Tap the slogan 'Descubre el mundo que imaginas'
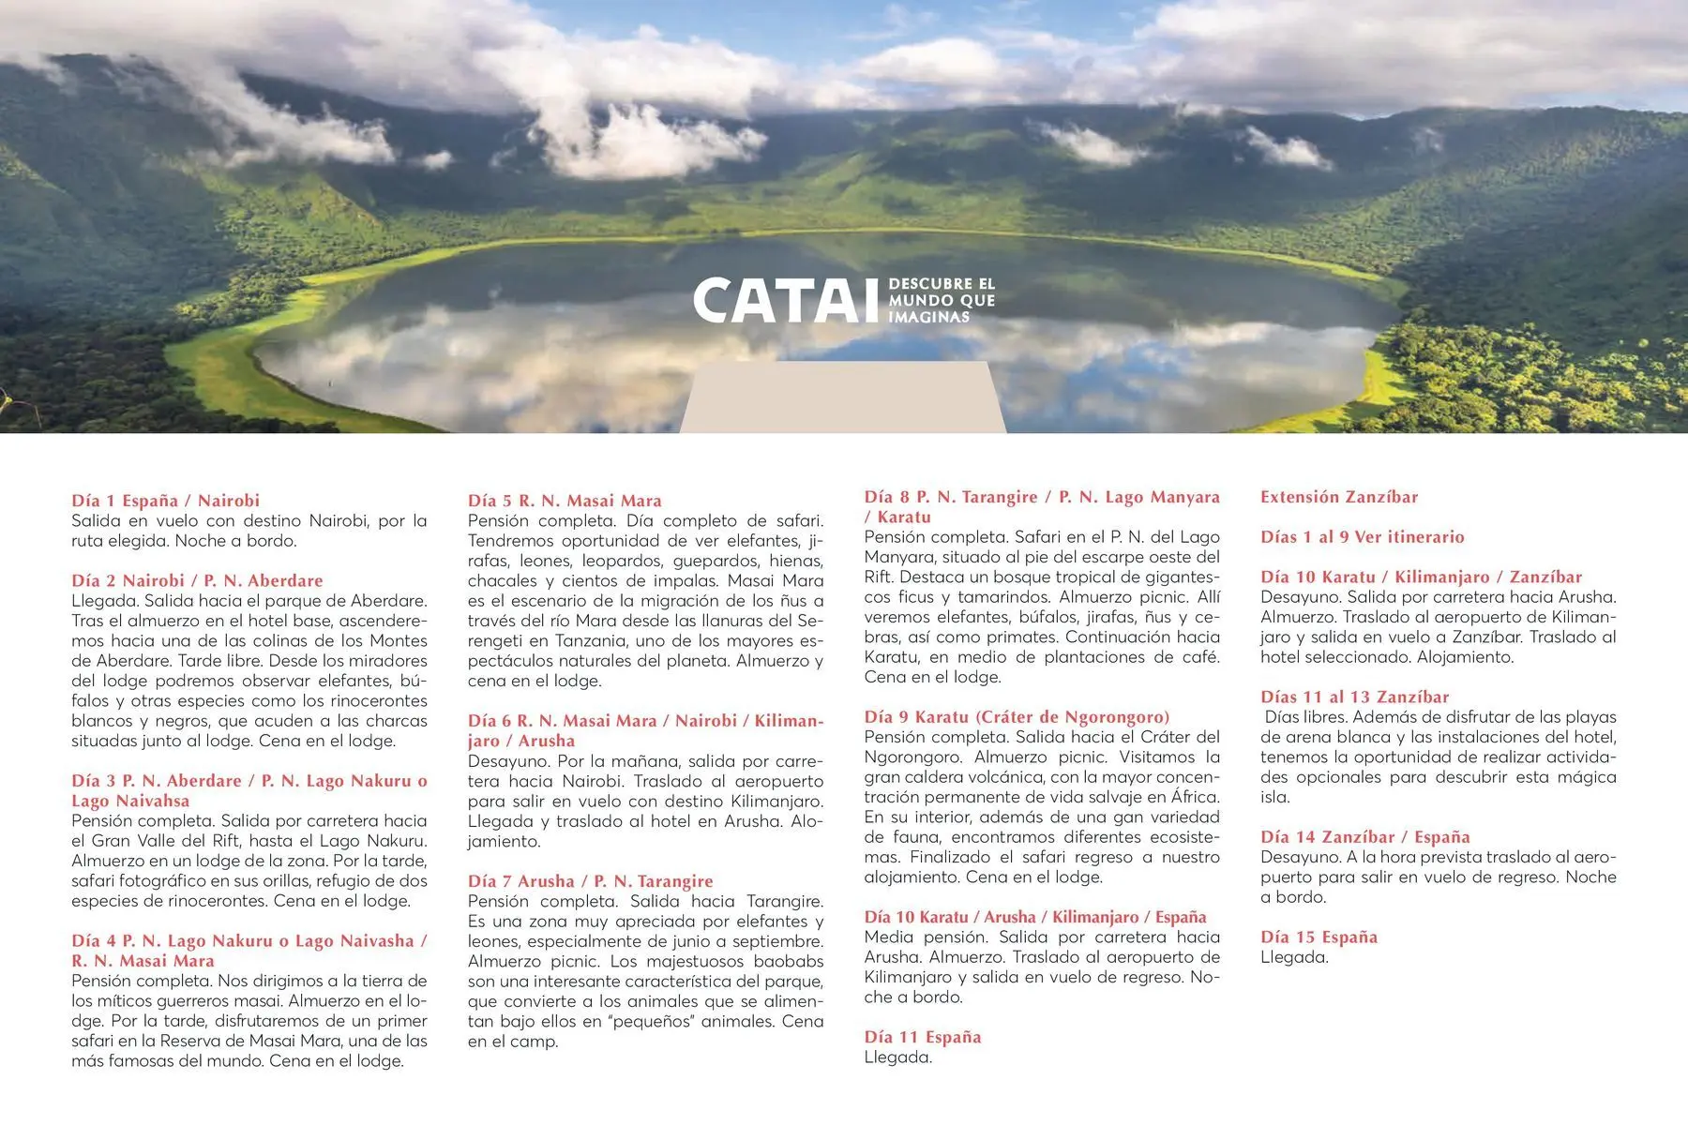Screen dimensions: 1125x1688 click(x=941, y=300)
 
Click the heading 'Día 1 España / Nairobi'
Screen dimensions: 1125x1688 click(x=165, y=501)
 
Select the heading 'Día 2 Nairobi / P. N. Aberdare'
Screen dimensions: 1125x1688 click(x=197, y=580)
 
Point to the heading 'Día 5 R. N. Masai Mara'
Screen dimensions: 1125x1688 click(x=565, y=501)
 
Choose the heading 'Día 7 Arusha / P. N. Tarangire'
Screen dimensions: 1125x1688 click(x=590, y=881)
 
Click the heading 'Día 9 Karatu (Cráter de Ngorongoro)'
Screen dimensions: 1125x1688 click(x=1017, y=717)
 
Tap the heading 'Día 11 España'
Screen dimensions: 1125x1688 click(x=923, y=1037)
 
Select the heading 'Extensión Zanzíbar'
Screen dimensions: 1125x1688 click(x=1338, y=497)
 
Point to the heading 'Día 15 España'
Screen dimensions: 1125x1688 click(x=1319, y=937)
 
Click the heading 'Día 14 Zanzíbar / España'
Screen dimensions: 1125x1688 click(x=1364, y=836)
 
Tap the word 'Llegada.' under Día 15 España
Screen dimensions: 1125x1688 click(x=1294, y=957)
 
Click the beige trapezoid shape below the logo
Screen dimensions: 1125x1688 click(x=842, y=398)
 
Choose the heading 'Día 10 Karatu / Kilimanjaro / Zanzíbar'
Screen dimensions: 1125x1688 click(x=1421, y=577)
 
